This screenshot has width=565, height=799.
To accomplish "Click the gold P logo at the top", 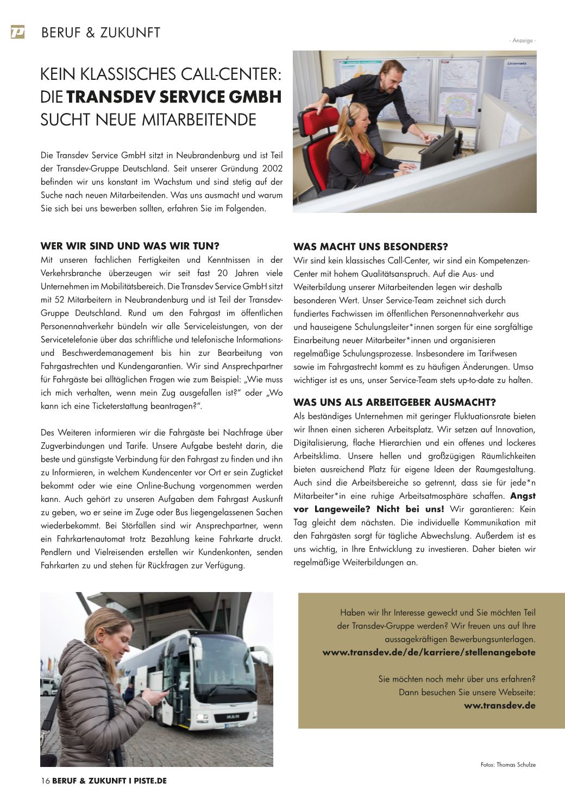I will point(17,33).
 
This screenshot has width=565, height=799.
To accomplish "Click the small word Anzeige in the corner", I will point(523,41).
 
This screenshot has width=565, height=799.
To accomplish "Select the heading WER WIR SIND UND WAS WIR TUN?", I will point(130,246).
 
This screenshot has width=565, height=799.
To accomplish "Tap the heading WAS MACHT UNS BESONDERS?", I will point(371,247).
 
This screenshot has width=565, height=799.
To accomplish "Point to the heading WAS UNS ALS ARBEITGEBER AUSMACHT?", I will point(394,402).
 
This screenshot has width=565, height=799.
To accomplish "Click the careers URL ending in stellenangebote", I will point(429,652).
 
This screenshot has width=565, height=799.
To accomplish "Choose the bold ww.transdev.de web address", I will point(499,706).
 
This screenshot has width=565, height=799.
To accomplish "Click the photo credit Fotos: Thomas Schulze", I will point(508,765).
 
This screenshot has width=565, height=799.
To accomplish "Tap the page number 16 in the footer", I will point(45,781).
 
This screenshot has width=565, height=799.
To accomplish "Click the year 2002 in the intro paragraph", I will point(271,168).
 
